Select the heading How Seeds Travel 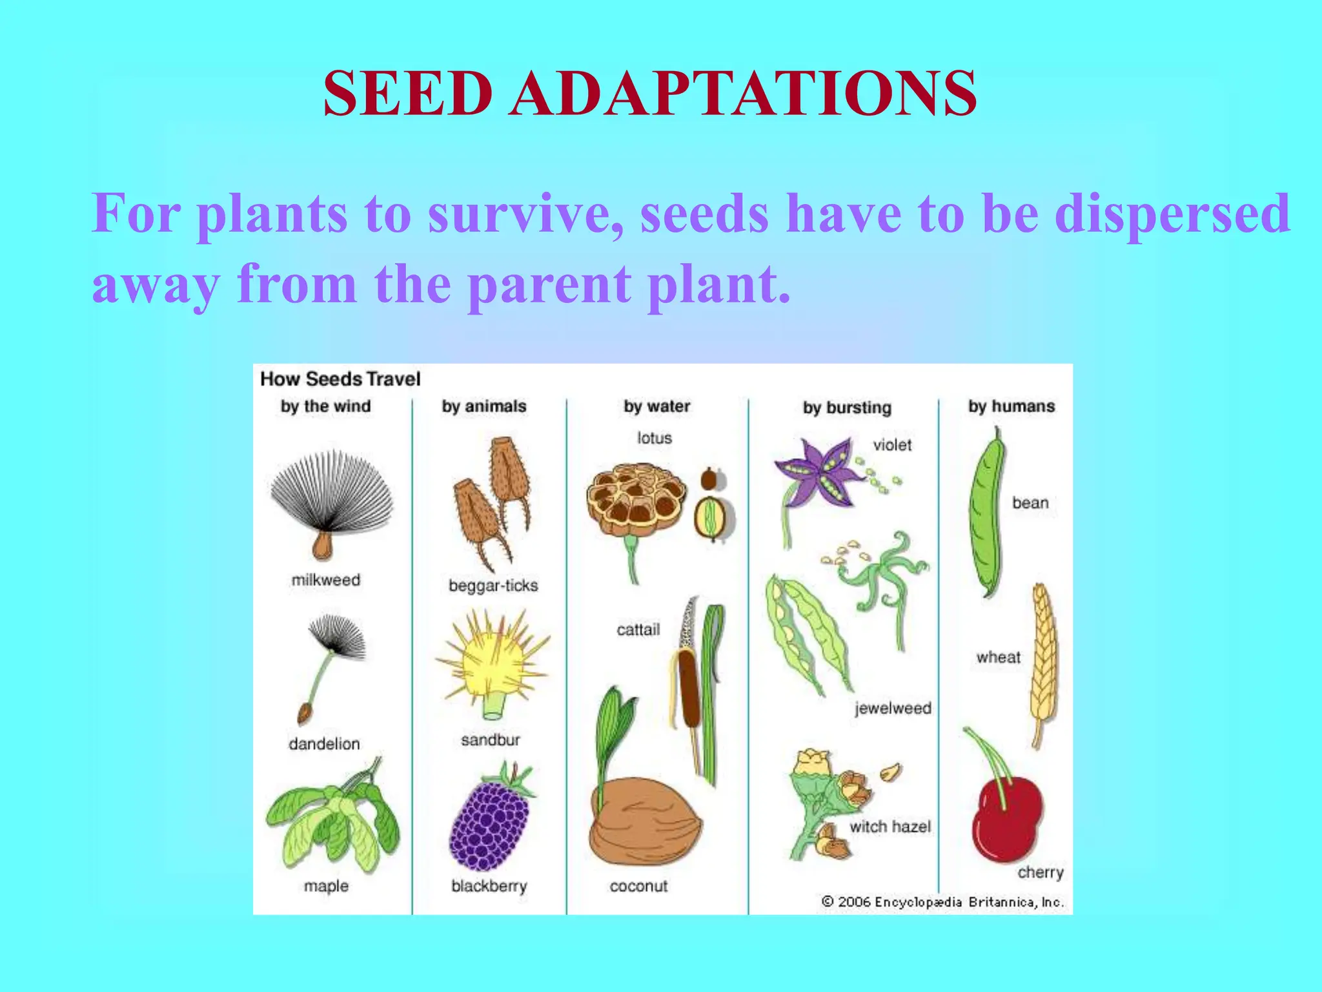[340, 379]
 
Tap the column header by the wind [325, 406]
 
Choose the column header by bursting [847, 408]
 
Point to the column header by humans [1011, 406]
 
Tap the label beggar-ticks [493, 586]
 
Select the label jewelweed [893, 708]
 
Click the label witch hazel [890, 827]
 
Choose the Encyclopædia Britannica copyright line [942, 902]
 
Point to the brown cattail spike [689, 688]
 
